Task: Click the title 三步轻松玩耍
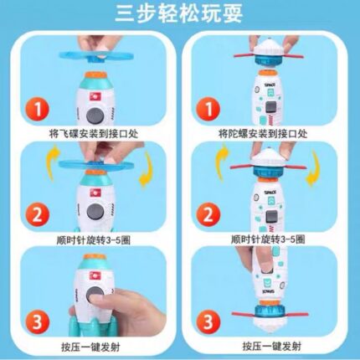[x=179, y=13]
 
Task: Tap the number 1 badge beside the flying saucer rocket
[x=38, y=109]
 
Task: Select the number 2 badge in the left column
[x=38, y=214]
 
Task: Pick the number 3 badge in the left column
[x=38, y=321]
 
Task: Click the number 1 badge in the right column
[x=208, y=109]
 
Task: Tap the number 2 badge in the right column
[x=208, y=214]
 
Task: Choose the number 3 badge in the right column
[x=208, y=321]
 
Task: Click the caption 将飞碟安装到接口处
[x=94, y=134]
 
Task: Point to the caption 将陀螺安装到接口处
[x=263, y=134]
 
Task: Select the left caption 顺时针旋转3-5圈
[x=94, y=240]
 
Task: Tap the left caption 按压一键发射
[x=90, y=347]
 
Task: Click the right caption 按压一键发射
[x=272, y=347]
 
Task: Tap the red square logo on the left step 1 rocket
[x=95, y=96]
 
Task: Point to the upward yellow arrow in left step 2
[x=54, y=162]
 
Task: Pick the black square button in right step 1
[x=271, y=107]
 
